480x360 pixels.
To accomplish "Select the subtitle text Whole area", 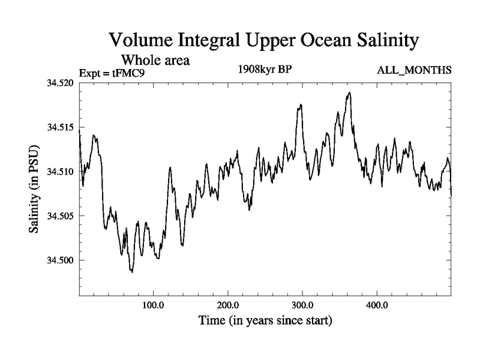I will point(157,60).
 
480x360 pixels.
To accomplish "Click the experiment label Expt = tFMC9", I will point(112,73).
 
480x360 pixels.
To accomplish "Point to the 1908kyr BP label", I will point(265,68).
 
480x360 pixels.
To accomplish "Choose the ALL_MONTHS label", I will point(414,71).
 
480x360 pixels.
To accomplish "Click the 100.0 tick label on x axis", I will point(154,305).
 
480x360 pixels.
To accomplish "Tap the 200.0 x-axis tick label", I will point(228,305).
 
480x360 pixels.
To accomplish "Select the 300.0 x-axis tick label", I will point(302,305).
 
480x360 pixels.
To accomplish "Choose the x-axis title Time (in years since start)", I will point(265,320).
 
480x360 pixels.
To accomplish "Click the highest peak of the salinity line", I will point(349,93).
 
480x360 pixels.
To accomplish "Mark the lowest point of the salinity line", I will point(132,272).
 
